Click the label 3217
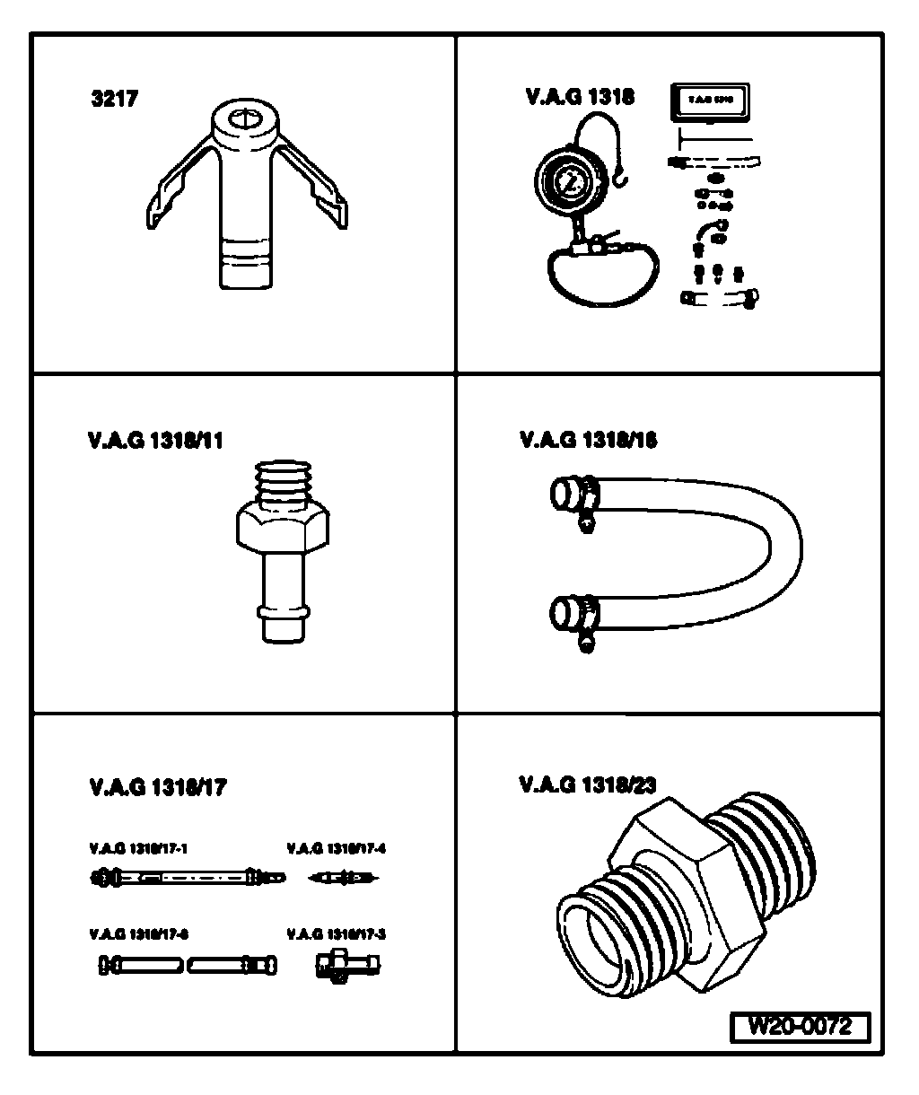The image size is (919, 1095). tap(114, 100)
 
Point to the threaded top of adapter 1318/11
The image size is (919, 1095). tap(282, 485)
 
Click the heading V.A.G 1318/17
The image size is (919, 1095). tap(158, 787)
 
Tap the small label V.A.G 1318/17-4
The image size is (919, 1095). tap(336, 846)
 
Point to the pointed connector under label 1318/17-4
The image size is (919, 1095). tap(346, 877)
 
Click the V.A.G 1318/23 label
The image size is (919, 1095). tap(588, 784)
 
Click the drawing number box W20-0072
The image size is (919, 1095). tap(801, 1026)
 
